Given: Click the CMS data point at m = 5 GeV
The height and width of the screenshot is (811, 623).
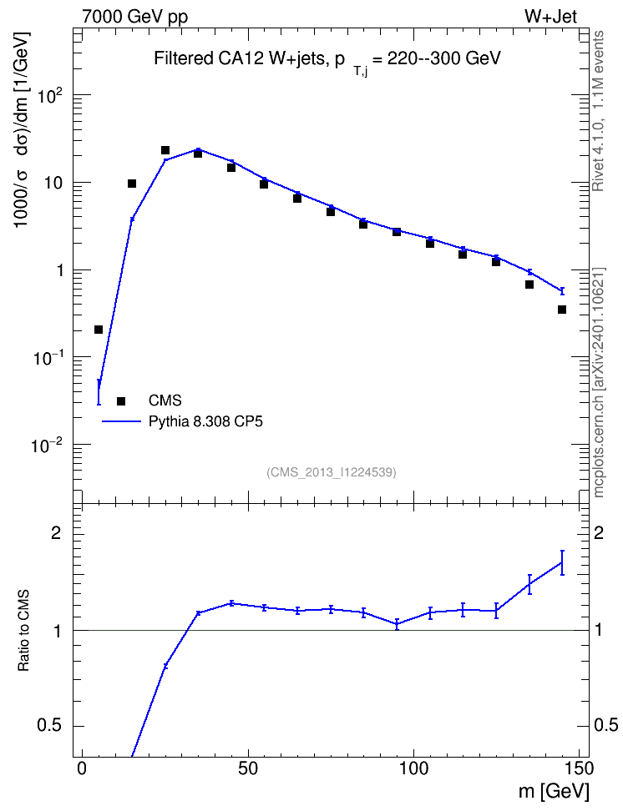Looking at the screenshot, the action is (x=99, y=330).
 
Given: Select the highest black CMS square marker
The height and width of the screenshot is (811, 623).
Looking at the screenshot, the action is (x=165, y=150).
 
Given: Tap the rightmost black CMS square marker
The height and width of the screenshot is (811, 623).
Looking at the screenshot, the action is (x=562, y=310).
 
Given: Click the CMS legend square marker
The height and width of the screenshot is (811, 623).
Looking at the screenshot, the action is (x=121, y=400).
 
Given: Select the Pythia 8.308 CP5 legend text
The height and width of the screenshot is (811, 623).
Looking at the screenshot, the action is (x=205, y=421).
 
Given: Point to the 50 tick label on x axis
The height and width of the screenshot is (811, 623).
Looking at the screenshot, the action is (x=248, y=768).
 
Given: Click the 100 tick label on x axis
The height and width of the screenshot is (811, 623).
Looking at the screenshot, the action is (x=414, y=768).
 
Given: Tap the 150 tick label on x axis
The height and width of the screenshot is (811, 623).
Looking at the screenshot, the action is (x=579, y=768).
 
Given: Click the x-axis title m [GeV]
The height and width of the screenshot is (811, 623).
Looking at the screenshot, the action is (x=554, y=792).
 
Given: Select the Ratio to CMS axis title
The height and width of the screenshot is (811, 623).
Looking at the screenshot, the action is (x=23, y=630).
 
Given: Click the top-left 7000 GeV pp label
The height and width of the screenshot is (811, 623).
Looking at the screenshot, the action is (x=134, y=17).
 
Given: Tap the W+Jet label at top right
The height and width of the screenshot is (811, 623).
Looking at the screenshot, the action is (x=550, y=17).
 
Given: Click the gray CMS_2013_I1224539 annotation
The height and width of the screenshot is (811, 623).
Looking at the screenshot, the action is (x=332, y=472).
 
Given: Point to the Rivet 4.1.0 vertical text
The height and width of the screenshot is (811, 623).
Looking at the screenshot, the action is (x=598, y=111).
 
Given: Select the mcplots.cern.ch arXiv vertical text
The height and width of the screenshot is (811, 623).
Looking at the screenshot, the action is (x=598, y=382).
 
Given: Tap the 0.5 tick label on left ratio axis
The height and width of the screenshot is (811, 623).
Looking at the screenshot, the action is (x=49, y=726).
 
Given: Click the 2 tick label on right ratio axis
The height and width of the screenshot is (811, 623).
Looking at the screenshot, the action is (x=599, y=533).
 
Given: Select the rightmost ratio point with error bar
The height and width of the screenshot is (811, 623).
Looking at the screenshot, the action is (x=562, y=562).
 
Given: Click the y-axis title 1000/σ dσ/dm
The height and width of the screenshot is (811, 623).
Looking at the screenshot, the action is (x=22, y=129).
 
